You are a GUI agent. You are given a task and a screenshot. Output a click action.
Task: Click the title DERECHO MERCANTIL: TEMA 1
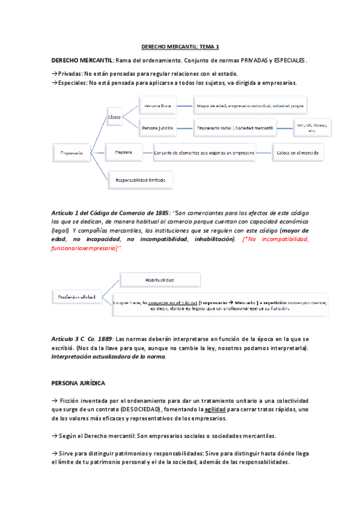click(x=180, y=46)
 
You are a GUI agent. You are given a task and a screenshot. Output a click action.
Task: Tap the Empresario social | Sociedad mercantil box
click(x=234, y=128)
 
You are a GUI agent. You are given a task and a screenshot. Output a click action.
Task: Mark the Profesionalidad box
click(x=76, y=297)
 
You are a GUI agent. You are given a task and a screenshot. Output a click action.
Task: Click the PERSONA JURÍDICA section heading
click(x=79, y=382)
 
